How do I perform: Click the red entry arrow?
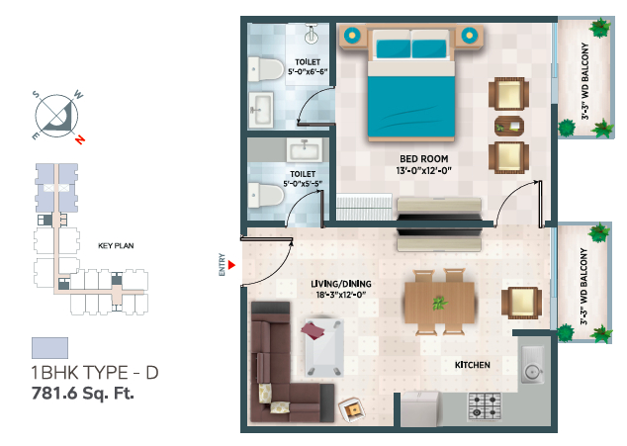[x=231, y=265]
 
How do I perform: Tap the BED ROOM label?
[x=424, y=159]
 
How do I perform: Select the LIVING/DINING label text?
[x=341, y=284]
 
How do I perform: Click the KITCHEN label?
[x=473, y=365]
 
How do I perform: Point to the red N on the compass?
[x=80, y=139]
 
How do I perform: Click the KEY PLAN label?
[x=116, y=245]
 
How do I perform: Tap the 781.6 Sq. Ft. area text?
[x=83, y=394]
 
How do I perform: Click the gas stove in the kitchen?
[x=485, y=406]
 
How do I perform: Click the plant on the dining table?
[x=439, y=303]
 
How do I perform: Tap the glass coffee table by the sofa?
[x=324, y=347]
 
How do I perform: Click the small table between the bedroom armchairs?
[x=509, y=127]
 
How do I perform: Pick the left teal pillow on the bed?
[x=393, y=48]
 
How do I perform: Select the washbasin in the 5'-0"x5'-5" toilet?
[x=305, y=150]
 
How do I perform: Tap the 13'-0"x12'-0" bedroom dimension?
[x=424, y=171]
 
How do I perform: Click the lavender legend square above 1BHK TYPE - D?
[x=50, y=348]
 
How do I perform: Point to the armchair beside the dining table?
[x=522, y=303]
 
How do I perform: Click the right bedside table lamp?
[x=469, y=36]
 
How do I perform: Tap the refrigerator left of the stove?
[x=420, y=408]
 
